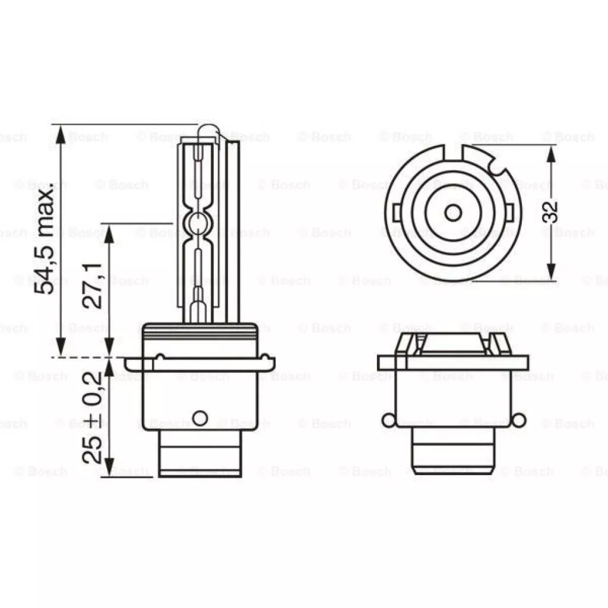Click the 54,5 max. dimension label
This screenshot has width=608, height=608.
(45, 240)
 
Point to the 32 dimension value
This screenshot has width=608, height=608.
(550, 212)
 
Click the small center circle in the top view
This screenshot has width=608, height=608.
(452, 213)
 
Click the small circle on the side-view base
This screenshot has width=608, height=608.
(200, 418)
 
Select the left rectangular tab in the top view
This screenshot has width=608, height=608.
(396, 213)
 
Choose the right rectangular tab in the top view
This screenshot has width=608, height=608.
(509, 213)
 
